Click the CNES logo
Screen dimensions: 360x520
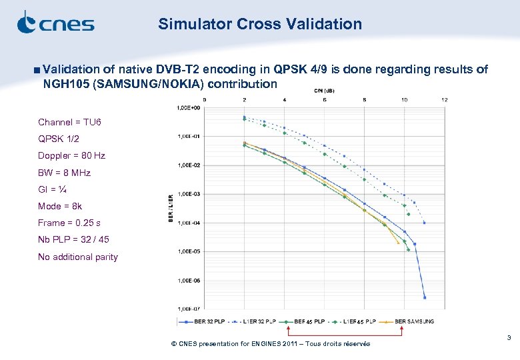click(x=55, y=23)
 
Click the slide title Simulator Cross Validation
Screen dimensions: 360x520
click(x=260, y=25)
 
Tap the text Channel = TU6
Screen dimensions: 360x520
click(x=69, y=122)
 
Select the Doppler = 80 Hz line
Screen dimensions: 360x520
click(x=71, y=155)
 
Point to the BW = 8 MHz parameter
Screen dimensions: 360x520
click(x=64, y=173)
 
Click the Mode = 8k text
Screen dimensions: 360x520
click(x=60, y=206)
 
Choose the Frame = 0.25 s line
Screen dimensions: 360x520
click(x=69, y=223)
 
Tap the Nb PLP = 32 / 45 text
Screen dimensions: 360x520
click(x=73, y=240)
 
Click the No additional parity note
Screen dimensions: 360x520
click(x=78, y=257)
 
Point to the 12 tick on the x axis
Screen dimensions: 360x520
click(x=444, y=100)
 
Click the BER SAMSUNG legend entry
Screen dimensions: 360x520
click(x=414, y=321)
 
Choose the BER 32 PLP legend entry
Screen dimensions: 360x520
click(x=208, y=321)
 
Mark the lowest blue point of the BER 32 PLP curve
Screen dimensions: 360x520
click(x=425, y=297)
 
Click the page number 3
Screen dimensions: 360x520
click(x=509, y=339)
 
